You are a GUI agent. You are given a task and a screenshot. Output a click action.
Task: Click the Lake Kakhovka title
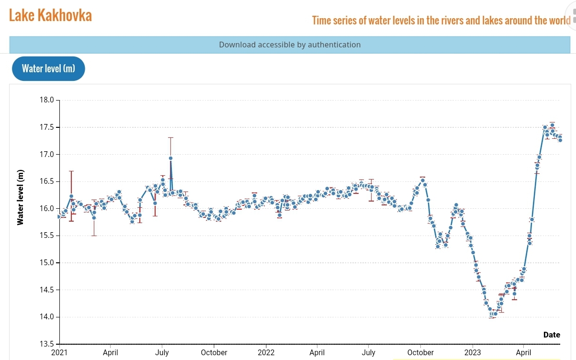pos(50,15)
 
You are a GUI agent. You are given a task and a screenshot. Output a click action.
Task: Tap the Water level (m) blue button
pos(48,68)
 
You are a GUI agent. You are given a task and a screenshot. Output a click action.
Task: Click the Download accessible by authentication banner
pos(290,45)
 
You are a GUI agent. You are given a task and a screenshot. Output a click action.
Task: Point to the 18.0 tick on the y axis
pos(46,100)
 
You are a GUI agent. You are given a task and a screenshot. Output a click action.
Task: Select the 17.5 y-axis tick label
pos(46,127)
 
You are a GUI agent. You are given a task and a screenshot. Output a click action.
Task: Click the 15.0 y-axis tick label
pos(46,262)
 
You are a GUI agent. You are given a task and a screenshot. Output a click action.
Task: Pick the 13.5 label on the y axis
pos(46,344)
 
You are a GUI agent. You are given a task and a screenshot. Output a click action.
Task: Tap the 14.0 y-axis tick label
pos(46,317)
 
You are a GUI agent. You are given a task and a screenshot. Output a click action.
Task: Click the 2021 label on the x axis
pos(59,352)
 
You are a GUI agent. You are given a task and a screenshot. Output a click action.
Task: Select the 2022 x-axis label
pos(266,352)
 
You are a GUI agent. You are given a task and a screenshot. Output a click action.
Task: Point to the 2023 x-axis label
pos(473,352)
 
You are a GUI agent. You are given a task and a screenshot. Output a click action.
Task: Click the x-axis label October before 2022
pos(214,352)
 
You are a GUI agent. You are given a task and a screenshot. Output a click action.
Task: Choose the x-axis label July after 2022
pos(369,352)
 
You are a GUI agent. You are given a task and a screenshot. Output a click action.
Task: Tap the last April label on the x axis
pos(523,352)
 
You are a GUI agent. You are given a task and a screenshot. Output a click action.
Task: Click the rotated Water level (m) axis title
pos(20,197)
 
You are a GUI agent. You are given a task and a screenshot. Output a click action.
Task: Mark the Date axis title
pos(552,335)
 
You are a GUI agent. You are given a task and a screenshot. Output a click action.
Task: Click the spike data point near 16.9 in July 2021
pos(170,158)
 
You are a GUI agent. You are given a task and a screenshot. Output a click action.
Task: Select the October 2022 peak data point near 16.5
pos(422,180)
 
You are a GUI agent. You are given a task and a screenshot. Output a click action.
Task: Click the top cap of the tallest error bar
pos(170,137)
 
